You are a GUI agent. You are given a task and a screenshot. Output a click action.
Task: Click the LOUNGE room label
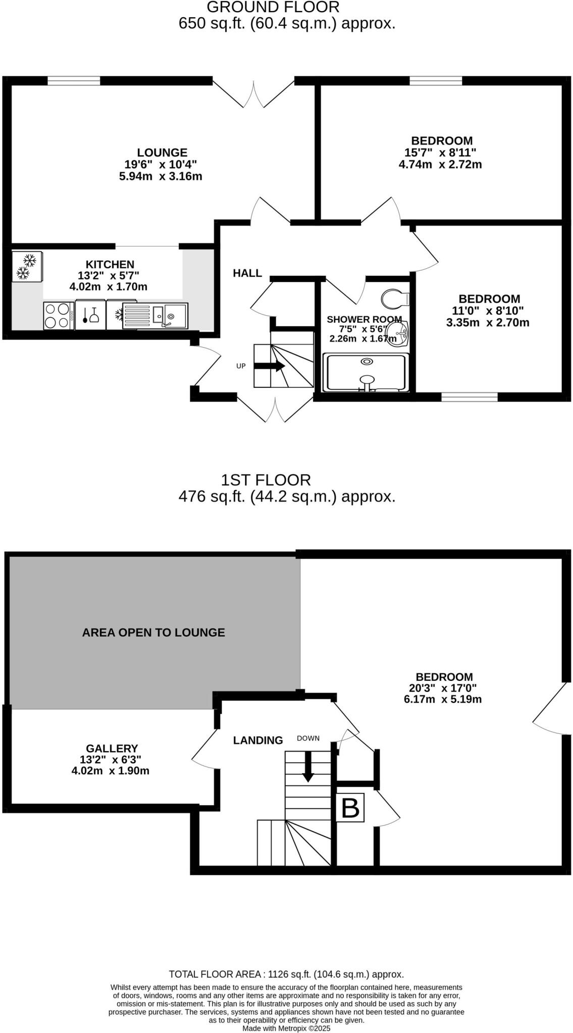[162, 152]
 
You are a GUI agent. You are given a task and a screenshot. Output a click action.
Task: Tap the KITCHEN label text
[110, 264]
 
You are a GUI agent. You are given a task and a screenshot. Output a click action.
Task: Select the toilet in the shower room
[393, 299]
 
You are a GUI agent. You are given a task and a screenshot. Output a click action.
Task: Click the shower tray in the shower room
[364, 372]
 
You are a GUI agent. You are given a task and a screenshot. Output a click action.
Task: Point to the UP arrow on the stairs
[270, 366]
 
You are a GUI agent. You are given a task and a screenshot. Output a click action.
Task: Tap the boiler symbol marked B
[350, 808]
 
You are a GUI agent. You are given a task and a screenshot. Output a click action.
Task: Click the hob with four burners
[57, 316]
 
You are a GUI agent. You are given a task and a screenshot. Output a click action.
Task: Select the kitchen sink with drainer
[155, 316]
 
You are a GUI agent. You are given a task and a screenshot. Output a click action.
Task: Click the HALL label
[247, 273]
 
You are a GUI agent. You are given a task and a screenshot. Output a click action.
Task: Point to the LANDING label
[257, 740]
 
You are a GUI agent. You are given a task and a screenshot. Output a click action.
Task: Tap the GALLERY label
[112, 749]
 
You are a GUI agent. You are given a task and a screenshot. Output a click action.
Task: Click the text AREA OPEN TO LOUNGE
[153, 633]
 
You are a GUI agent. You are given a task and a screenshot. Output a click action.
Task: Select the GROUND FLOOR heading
[273, 8]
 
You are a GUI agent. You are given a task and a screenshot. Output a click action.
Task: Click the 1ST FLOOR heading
[266, 480]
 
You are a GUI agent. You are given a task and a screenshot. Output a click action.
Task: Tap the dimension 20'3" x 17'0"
[443, 688]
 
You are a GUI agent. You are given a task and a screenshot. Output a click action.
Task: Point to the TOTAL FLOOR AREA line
[286, 974]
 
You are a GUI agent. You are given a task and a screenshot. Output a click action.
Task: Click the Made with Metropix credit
[286, 1028]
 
